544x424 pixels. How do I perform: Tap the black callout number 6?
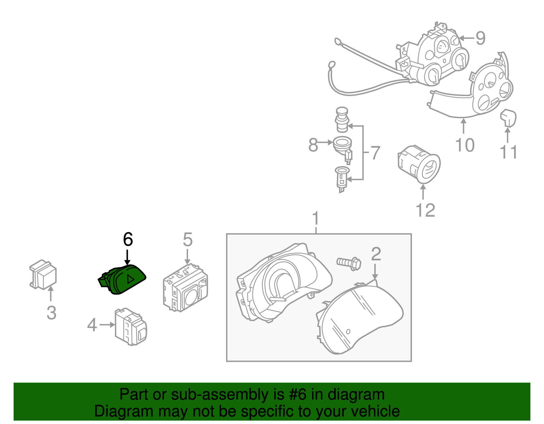pos(128,240)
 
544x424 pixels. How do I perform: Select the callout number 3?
pos(51,313)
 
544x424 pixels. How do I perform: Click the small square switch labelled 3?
pos(43,275)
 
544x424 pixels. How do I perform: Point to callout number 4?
pos(92,325)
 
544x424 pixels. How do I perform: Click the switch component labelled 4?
pos(131,327)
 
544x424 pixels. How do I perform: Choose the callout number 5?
pos(188,240)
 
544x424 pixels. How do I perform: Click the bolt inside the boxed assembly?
pos(349,263)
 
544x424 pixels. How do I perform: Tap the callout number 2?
pos(376,254)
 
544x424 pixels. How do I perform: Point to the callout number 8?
pos(313,145)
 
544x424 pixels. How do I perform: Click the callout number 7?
pos(375,153)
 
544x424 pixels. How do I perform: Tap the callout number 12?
pos(425,210)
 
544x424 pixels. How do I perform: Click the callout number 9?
pos(480,38)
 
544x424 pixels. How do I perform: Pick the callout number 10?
pos(465,145)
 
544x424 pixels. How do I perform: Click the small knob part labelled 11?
pos(508,117)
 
